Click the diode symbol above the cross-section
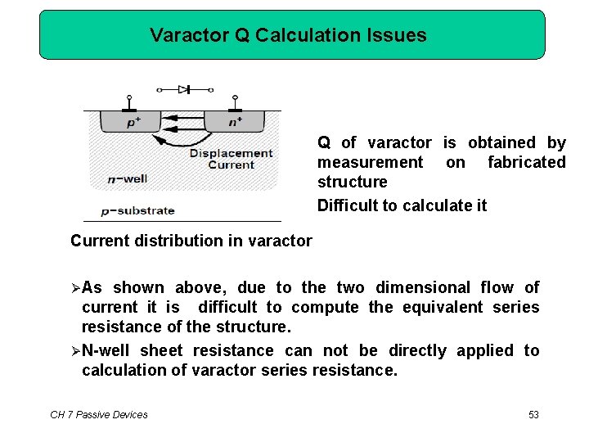[184, 89]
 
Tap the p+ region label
[133, 123]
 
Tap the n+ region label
[235, 123]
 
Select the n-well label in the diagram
[127, 178]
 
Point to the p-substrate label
[137, 210]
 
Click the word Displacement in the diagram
[231, 153]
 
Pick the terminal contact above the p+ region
[129, 106]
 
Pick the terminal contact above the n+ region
[235, 106]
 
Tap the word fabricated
[526, 162]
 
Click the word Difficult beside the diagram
[349, 205]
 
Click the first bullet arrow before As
[75, 288]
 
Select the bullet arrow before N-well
[75, 351]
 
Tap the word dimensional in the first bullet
[423, 287]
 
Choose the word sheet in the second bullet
[161, 351]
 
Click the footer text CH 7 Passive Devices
[99, 415]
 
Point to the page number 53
[533, 415]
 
